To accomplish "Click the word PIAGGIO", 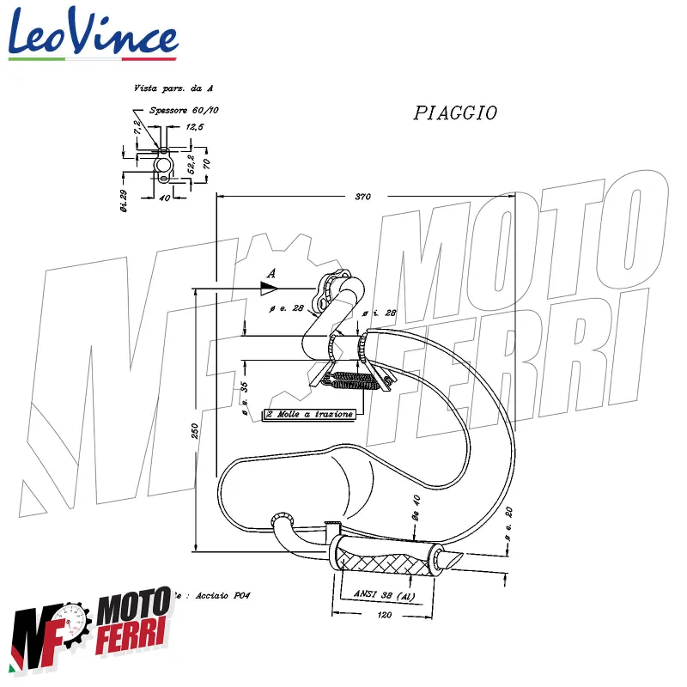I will [455, 113].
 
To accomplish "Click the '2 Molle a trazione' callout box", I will [309, 415].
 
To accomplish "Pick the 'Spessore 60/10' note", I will [184, 111].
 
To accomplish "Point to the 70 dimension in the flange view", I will [206, 160].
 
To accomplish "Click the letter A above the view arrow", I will [271, 273].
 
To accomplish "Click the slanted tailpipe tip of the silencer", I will [448, 557].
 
